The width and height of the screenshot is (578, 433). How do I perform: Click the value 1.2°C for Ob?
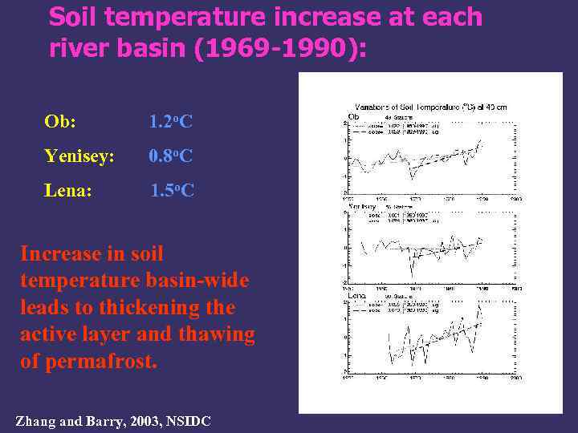(x=171, y=122)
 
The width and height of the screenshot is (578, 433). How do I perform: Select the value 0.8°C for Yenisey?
(x=171, y=156)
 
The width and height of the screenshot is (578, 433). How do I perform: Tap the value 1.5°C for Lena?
(x=173, y=191)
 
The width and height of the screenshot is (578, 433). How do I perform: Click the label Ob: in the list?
(x=61, y=122)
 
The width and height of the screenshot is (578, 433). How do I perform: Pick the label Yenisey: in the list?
(x=79, y=156)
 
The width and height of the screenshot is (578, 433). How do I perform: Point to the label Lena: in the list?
(x=68, y=191)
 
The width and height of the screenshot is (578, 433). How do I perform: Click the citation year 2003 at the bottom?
(x=145, y=421)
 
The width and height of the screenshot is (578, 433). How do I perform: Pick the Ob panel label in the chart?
(x=353, y=116)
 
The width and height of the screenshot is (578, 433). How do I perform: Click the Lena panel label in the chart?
(x=356, y=296)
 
